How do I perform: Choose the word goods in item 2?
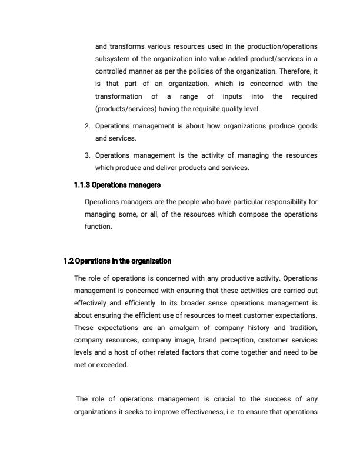pyautogui.click(x=306, y=126)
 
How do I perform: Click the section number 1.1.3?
pyautogui.click(x=82, y=185)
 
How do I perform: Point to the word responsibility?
pyautogui.click(x=284, y=203)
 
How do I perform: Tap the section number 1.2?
pyautogui.click(x=69, y=261)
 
